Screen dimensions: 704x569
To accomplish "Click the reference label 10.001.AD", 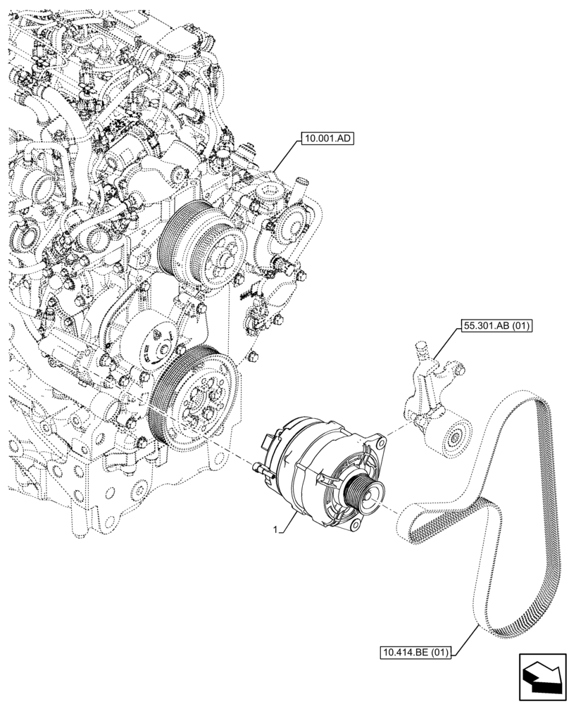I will [327, 139].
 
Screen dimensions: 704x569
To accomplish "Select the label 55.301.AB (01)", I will [496, 325].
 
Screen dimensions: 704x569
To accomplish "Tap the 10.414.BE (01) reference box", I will [414, 653].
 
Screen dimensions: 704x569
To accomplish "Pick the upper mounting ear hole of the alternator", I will [381, 444].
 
